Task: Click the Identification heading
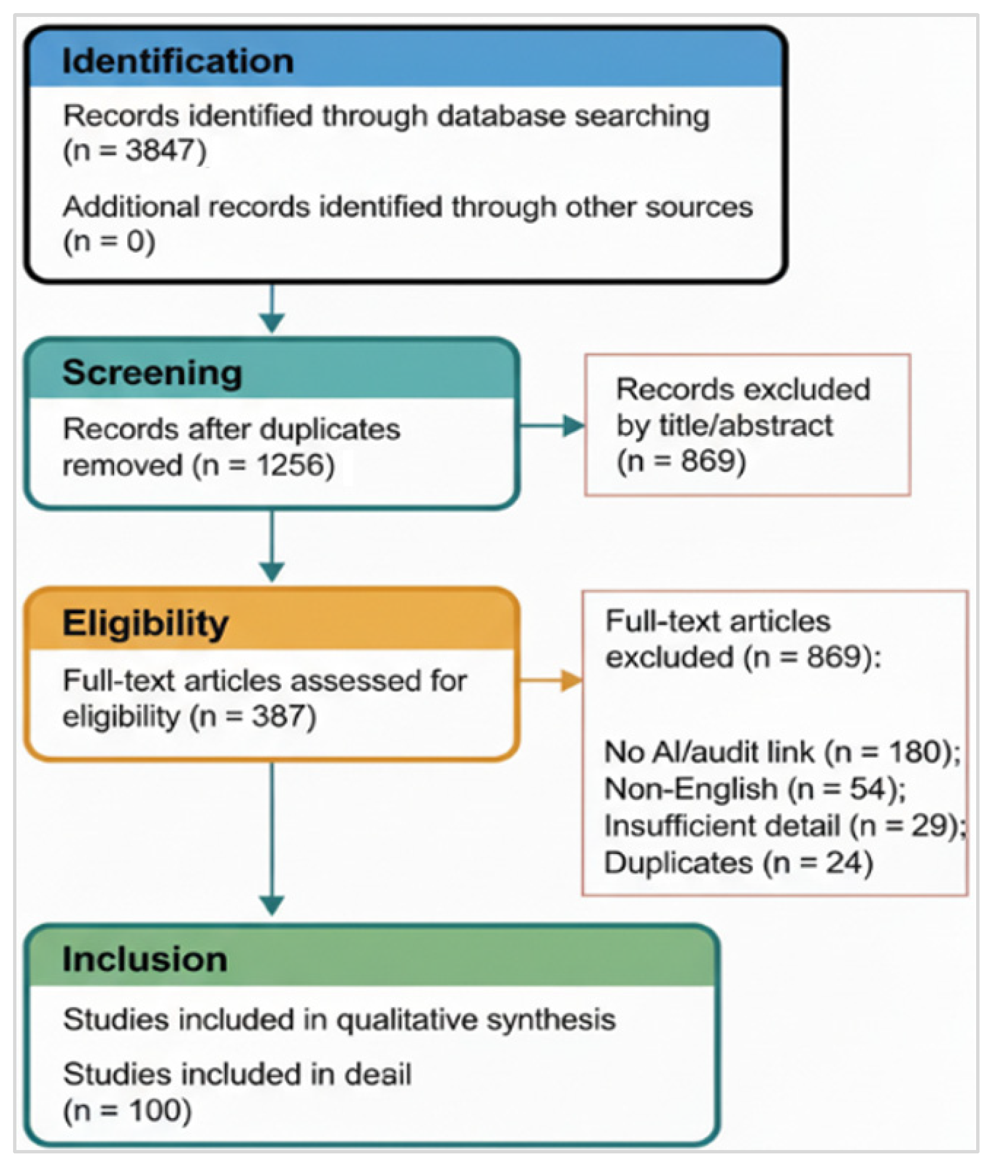177,61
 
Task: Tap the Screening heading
152,373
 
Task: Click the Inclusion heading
145,959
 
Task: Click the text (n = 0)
109,241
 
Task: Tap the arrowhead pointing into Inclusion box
272,905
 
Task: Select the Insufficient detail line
784,826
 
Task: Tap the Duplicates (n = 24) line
738,862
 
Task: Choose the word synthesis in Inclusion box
551,1019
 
